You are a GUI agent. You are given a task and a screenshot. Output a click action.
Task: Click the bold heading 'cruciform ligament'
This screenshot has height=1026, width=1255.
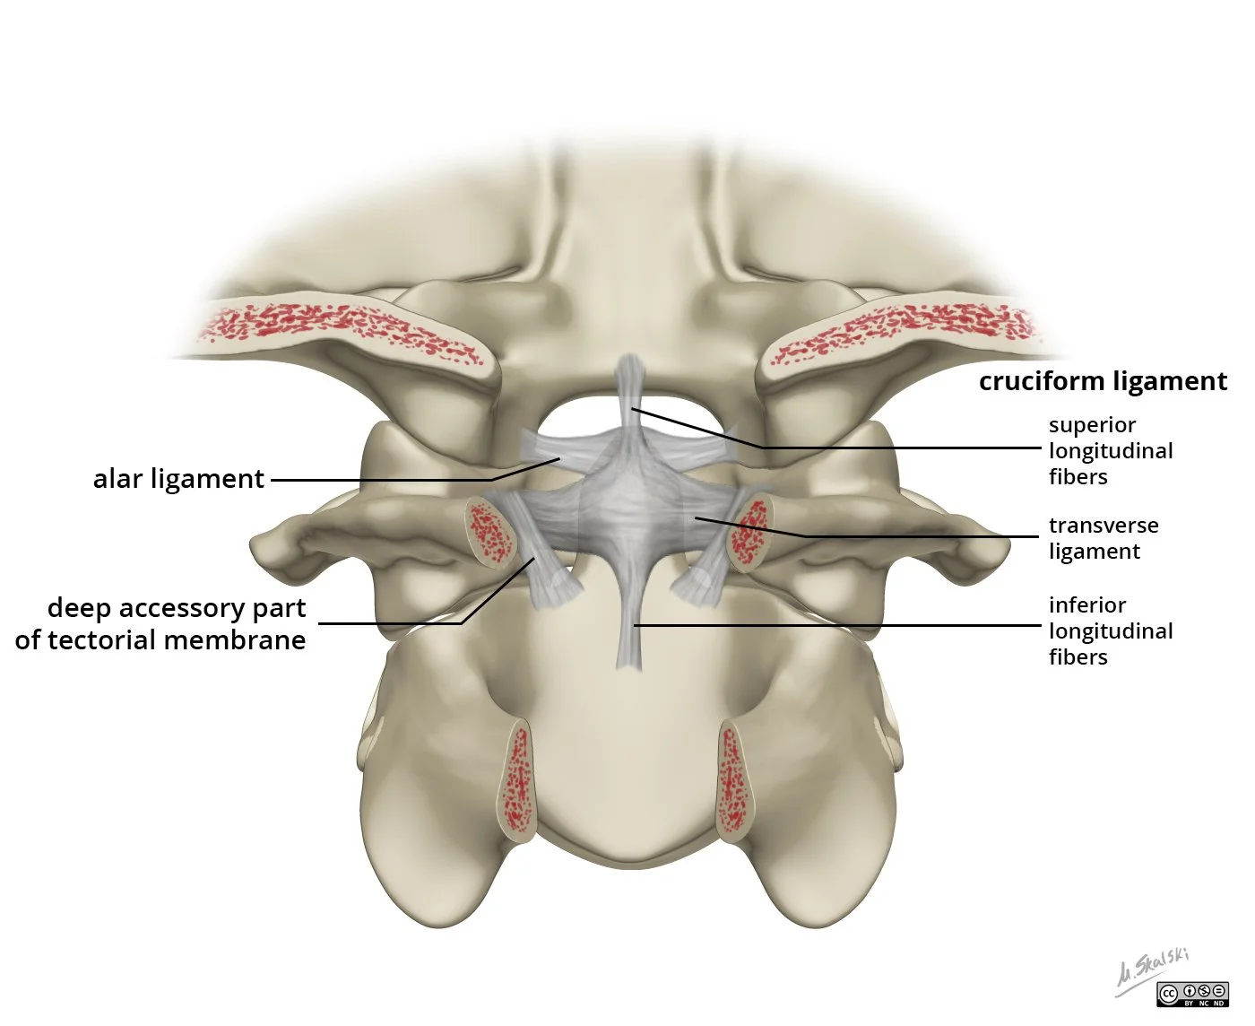(x=1102, y=381)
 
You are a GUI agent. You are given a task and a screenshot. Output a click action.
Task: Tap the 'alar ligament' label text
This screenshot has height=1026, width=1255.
(x=178, y=479)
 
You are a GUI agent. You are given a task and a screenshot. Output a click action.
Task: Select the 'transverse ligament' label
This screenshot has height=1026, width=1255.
(x=1103, y=538)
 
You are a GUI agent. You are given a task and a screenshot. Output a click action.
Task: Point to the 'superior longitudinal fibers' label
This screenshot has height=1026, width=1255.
(x=1110, y=450)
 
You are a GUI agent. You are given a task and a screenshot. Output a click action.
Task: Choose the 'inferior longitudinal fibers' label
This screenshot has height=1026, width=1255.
(x=1110, y=630)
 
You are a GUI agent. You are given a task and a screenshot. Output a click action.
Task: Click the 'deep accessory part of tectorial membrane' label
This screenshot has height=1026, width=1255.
(x=161, y=624)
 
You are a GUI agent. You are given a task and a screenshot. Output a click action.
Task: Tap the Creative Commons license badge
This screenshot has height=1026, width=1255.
(x=1192, y=994)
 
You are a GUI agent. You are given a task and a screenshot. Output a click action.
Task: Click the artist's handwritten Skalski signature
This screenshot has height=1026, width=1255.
(x=1152, y=969)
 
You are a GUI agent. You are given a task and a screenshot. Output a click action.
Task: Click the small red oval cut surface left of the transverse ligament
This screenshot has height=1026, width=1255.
(x=489, y=532)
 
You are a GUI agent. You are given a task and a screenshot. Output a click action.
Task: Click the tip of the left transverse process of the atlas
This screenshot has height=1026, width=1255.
(x=261, y=543)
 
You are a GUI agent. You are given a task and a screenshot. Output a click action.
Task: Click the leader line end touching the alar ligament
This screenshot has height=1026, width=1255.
(x=559, y=459)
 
